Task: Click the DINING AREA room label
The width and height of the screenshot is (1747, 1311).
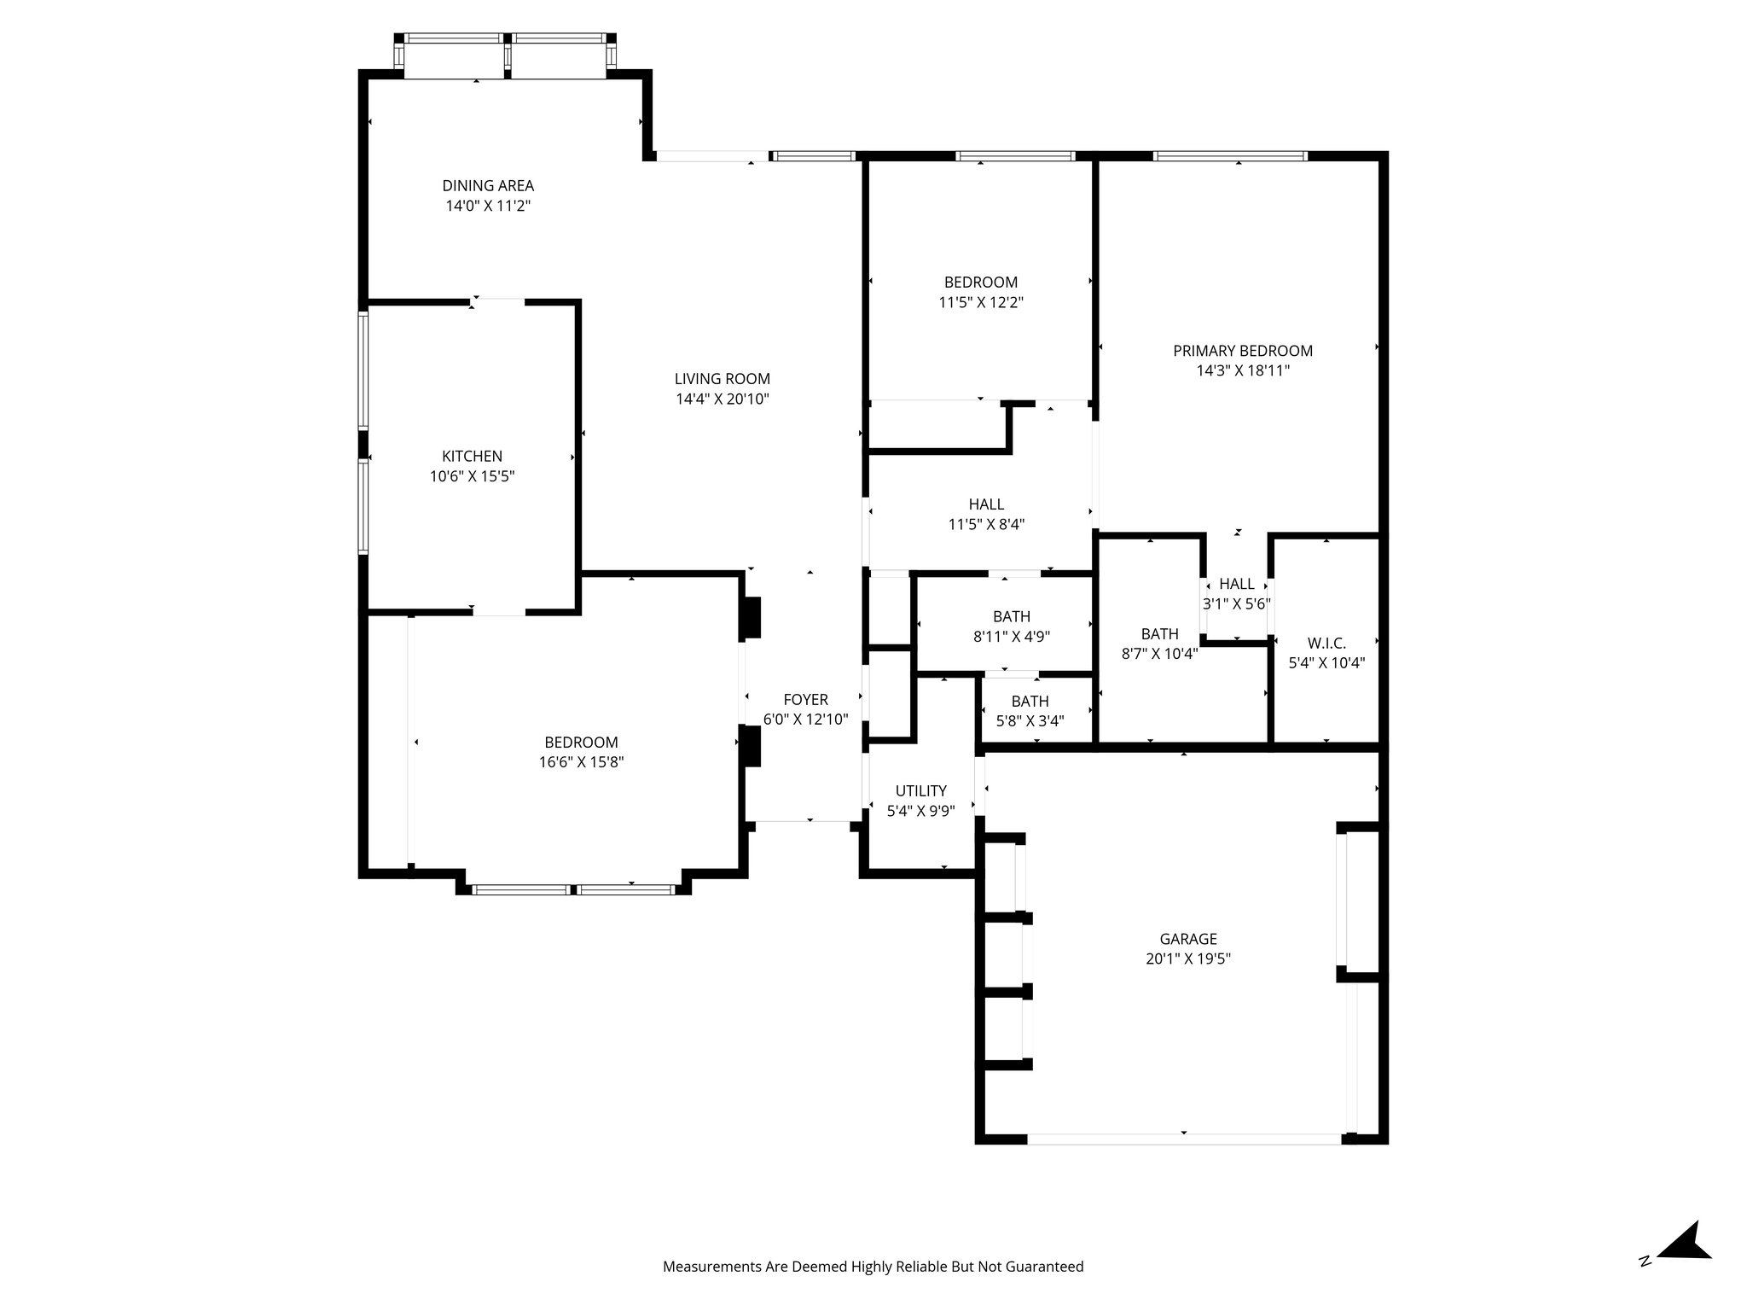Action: point(488,185)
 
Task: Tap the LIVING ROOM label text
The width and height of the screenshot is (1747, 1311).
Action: point(722,379)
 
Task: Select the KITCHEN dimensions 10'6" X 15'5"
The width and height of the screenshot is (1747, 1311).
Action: point(472,476)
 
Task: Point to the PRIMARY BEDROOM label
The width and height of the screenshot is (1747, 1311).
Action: point(1242,351)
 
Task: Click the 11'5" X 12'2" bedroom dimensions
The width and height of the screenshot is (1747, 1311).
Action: point(980,302)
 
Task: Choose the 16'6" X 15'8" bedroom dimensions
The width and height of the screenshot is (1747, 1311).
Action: point(581,762)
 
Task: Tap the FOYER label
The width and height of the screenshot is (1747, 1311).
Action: point(805,700)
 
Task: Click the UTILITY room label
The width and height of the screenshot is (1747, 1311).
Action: point(920,790)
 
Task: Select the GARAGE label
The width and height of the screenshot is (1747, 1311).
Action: point(1187,939)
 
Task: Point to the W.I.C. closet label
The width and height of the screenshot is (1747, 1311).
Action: point(1326,643)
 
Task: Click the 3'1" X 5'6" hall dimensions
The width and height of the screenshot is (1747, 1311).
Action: point(1236,603)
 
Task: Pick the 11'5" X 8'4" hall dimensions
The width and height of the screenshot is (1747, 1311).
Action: point(985,524)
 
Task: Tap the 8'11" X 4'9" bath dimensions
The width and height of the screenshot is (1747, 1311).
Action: point(1011,636)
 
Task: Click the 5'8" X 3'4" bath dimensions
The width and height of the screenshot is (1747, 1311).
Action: point(1030,720)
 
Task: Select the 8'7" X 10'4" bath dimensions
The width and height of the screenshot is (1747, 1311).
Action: point(1159,654)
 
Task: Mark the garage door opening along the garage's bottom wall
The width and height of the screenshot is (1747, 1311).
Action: point(1184,1138)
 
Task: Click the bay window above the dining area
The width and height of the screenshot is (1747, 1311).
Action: point(505,56)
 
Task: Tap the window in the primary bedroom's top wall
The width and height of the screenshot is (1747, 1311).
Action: point(1229,156)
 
